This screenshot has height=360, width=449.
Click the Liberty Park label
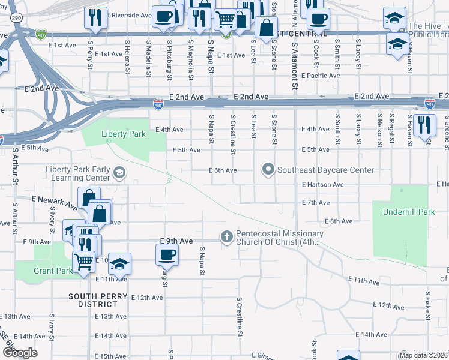[x=124, y=134]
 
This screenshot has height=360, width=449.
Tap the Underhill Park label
[x=401, y=212]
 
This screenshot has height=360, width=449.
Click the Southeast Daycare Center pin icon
[x=268, y=170]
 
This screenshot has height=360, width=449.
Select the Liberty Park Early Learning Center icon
[x=119, y=174]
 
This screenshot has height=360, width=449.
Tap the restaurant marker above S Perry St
[x=94, y=19]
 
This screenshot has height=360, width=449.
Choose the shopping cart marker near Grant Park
[x=83, y=261]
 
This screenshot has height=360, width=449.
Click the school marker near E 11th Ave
[x=119, y=264]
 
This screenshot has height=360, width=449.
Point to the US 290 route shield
[x=17, y=19]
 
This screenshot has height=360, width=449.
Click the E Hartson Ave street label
[x=322, y=185]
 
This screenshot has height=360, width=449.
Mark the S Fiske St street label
[x=427, y=307]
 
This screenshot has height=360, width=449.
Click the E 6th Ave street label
[x=222, y=170]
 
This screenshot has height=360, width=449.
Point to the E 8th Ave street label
[x=339, y=221]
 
